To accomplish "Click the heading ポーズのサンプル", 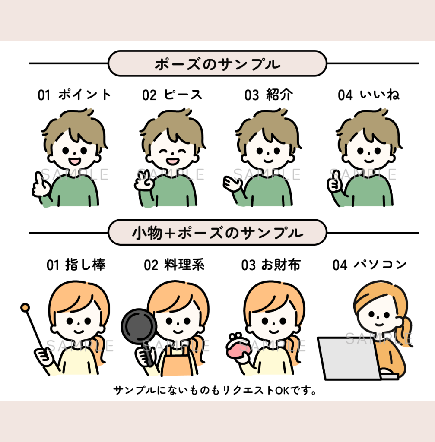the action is [218, 64].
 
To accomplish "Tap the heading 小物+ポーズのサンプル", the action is [218, 233].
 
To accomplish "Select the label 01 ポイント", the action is [74, 95].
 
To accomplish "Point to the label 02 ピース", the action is [172, 95].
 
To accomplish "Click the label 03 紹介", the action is [269, 95].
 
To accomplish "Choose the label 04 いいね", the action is [369, 95].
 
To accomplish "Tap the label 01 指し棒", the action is [76, 265].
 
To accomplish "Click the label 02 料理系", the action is [174, 265].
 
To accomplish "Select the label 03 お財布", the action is [271, 265].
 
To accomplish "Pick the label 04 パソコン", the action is [369, 265].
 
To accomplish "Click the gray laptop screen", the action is [349, 358].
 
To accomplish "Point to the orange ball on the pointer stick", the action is [25, 307].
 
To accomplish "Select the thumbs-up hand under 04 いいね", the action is [335, 183].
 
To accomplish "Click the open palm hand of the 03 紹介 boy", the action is [232, 183].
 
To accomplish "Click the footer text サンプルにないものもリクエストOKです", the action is [215, 390].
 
